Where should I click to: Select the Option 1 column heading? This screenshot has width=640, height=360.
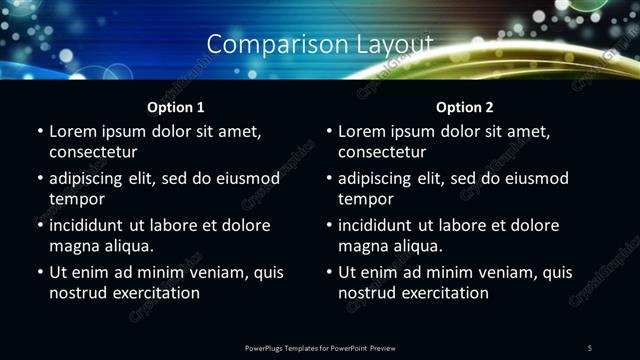176,107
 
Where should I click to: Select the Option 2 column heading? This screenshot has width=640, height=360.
465,107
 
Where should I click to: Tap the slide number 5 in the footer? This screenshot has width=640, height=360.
590,347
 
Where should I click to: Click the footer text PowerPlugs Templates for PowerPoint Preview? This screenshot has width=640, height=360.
320,347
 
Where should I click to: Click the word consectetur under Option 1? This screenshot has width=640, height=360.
93,152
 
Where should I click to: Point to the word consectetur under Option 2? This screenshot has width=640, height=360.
382,152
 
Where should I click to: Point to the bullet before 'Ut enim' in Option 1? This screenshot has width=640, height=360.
40,272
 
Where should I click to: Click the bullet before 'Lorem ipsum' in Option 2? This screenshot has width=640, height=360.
329,131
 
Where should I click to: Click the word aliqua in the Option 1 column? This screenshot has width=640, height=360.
127,246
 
